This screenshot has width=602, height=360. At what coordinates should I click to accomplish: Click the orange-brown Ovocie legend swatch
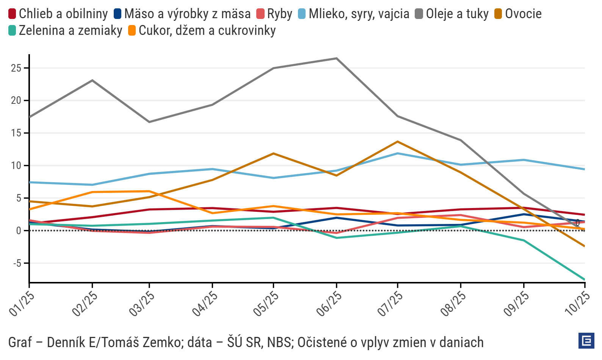click(499, 14)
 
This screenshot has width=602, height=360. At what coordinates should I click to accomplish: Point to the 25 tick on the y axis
click(16, 68)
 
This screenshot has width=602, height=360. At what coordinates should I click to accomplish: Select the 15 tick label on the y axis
click(16, 133)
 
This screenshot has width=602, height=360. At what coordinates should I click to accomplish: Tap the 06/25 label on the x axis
click(329, 304)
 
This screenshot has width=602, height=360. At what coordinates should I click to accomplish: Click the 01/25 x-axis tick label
click(22, 304)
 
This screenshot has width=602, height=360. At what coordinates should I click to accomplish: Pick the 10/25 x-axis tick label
click(577, 304)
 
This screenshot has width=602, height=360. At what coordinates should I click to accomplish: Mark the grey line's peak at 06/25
click(337, 58)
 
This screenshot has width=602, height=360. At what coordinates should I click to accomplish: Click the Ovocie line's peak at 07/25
click(398, 142)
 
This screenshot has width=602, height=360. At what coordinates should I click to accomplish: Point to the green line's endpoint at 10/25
click(585, 280)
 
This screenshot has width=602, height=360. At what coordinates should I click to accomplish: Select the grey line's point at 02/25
click(92, 80)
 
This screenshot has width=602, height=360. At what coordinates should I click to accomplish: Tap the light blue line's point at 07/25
click(398, 153)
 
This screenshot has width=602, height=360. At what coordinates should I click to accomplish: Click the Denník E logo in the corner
click(586, 341)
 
